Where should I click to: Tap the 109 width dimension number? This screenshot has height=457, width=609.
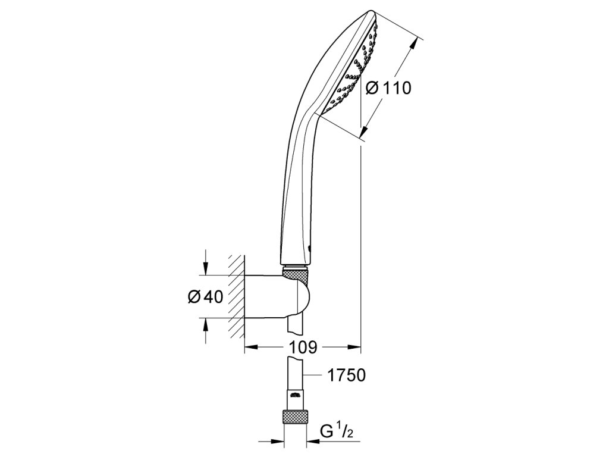303,347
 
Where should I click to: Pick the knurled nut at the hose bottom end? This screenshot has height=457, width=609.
297,417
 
